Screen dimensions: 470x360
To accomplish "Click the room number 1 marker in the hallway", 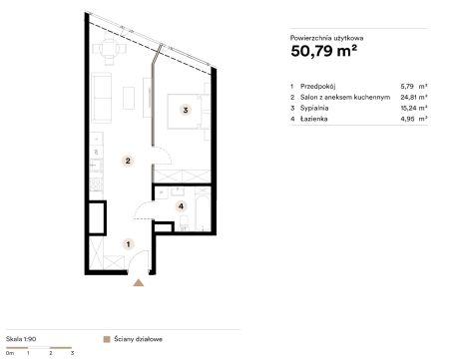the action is point(128,244).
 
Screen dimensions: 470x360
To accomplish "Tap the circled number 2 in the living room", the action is point(128,161).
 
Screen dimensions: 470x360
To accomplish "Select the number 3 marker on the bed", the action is point(186,110).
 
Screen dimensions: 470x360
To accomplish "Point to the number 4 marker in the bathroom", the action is point(181,206).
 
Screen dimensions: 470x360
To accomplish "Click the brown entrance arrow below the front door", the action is point(139,283).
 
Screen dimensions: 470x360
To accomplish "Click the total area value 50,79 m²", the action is point(324,51).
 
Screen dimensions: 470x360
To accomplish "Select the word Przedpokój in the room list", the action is point(317,87).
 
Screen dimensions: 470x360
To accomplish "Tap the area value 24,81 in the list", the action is point(407,97).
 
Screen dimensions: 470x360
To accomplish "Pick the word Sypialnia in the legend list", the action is point(314,108).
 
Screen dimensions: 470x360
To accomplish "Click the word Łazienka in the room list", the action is point(313,119).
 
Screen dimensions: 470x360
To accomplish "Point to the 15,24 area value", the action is point(407,108).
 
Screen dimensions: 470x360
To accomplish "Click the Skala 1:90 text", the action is point(21,339).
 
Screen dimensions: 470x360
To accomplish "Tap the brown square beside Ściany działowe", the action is point(107,339).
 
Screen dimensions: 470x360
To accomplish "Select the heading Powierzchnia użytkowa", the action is point(326,38).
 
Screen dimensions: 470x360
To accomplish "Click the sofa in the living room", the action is point(102,98).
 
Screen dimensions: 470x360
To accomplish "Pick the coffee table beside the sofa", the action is point(129,98).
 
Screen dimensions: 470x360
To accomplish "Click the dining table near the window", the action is point(109,49).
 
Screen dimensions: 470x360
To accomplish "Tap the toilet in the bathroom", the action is point(184,223).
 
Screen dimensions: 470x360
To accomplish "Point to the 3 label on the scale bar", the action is point(72,353).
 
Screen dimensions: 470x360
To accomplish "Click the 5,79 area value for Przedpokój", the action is point(407,87).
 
